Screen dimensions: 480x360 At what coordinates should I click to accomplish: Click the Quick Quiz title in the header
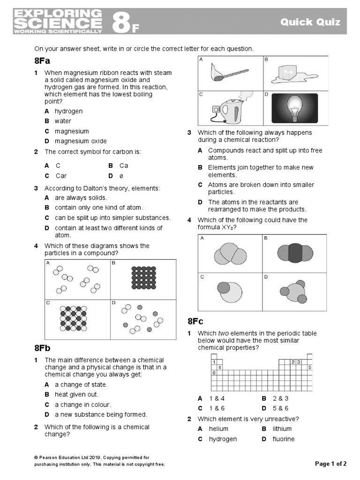click(310, 22)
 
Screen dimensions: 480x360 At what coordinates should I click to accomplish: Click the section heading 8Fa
click(42, 61)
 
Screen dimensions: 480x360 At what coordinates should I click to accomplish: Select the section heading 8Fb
click(42, 348)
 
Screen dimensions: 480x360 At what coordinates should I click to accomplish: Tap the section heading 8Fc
click(195, 321)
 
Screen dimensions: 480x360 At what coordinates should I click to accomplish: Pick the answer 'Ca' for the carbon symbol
click(124, 165)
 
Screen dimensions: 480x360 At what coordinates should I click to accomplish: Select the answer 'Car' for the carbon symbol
click(61, 176)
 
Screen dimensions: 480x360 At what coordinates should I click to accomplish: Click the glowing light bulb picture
click(295, 108)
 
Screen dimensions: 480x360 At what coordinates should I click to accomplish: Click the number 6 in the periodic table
click(214, 373)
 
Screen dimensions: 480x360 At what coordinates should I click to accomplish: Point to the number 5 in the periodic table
click(310, 367)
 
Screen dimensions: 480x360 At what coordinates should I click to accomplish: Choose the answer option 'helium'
click(218, 429)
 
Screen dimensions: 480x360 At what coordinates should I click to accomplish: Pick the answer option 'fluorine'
click(284, 439)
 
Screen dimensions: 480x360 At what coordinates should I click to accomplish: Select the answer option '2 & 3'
click(280, 398)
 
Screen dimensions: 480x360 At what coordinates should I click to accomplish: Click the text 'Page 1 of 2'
click(331, 464)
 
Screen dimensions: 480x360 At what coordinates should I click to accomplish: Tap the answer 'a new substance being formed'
click(101, 414)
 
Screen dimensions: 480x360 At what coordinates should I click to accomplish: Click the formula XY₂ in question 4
click(226, 227)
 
